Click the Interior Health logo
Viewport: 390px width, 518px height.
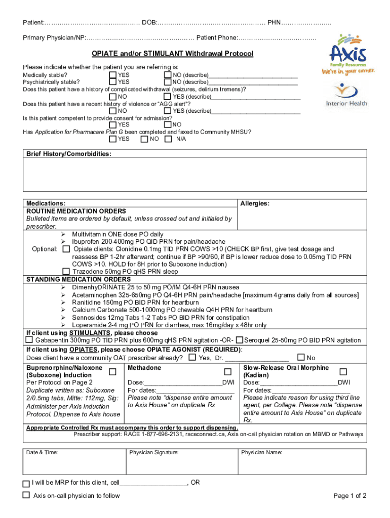347,95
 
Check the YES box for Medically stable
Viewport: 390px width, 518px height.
112,75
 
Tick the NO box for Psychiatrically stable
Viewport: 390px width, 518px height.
168,81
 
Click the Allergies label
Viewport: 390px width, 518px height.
255,203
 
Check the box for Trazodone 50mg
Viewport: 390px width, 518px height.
65,271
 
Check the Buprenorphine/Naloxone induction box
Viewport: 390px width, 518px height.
112,372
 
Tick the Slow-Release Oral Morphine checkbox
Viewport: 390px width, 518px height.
343,372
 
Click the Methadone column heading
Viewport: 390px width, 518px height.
144,368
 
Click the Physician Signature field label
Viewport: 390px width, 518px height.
154,453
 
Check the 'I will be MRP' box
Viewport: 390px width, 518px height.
26,483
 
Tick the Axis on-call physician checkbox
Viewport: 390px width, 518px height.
26,495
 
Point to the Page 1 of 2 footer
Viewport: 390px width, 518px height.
350,496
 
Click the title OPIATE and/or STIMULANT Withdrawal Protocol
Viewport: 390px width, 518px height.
172,54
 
